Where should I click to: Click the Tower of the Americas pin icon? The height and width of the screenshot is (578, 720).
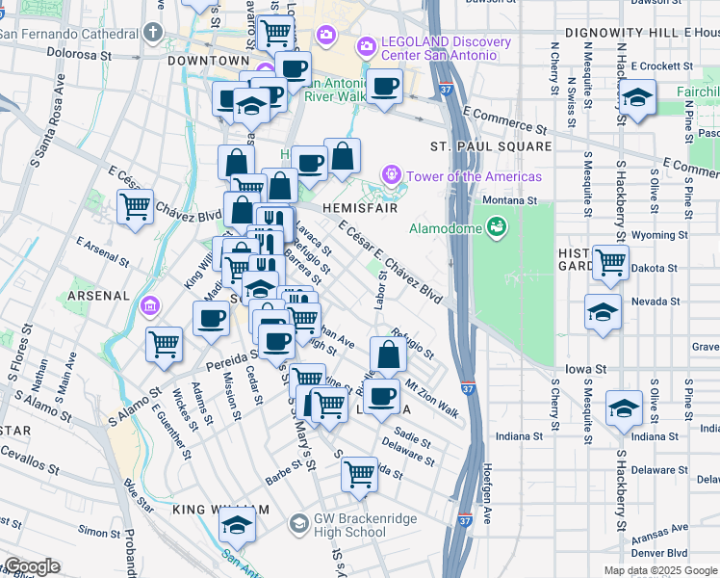(x=391, y=175)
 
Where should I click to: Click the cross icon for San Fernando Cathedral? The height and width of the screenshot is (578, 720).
(x=153, y=32)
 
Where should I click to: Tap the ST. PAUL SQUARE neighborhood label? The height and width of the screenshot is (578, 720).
(x=491, y=146)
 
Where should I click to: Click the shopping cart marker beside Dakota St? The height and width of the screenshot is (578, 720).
(x=610, y=262)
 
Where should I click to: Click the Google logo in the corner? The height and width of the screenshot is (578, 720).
(x=32, y=566)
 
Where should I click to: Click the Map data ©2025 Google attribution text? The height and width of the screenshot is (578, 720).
(x=659, y=570)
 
